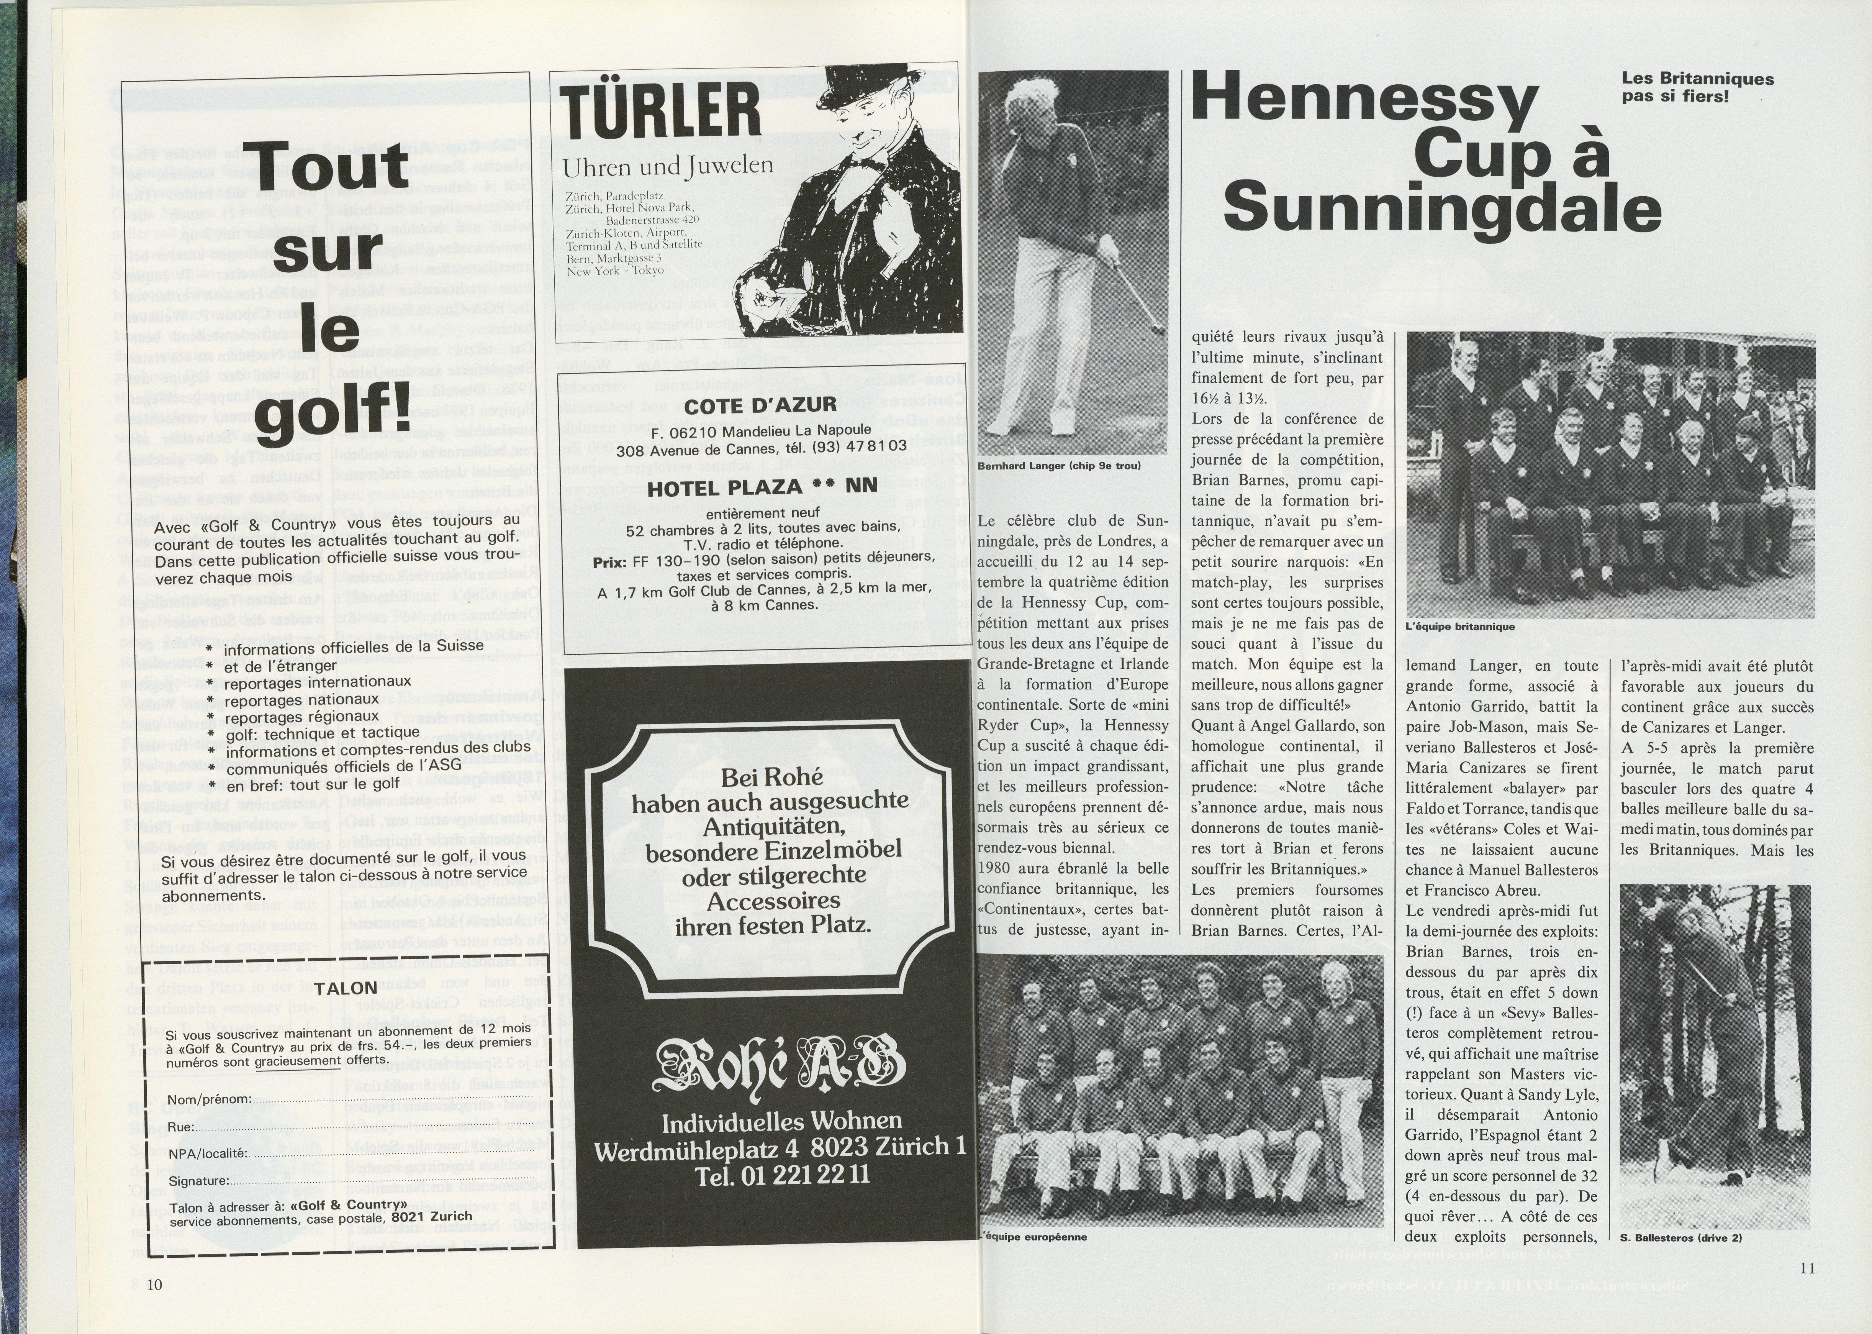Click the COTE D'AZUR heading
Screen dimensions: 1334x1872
tap(760, 405)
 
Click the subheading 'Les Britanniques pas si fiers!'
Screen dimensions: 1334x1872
tap(1697, 87)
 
